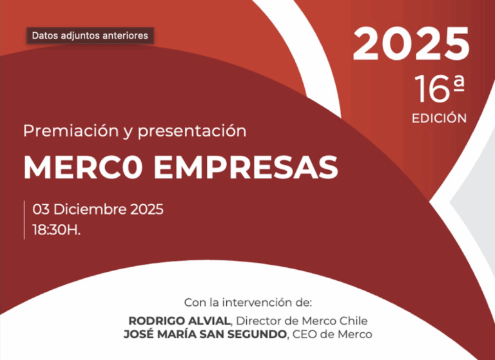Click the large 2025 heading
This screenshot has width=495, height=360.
coord(411,44)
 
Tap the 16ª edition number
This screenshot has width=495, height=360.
coord(440,90)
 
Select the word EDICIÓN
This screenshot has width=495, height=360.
coord(439,118)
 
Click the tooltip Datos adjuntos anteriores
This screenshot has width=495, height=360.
coord(90,35)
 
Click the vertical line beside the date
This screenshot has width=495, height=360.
coord(24,220)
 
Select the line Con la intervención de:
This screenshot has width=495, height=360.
coord(247,302)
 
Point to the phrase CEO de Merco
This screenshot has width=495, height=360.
coord(332,334)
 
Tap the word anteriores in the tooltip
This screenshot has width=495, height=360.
coord(126,35)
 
